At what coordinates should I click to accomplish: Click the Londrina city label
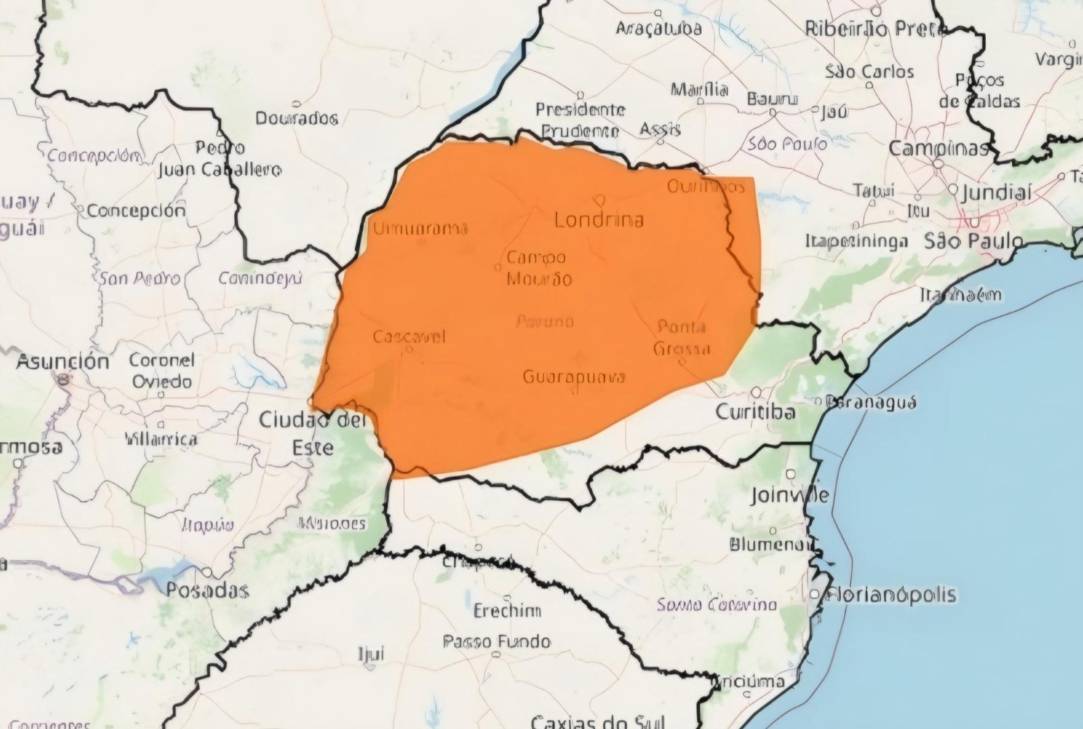pyautogui.click(x=599, y=220)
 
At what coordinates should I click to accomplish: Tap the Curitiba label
pyautogui.click(x=755, y=412)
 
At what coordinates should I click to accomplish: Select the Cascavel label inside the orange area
pyautogui.click(x=409, y=337)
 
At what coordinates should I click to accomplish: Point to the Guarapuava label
pyautogui.click(x=574, y=377)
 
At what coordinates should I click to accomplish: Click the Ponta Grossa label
pyautogui.click(x=682, y=337)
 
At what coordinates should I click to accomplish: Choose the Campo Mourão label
pyautogui.click(x=538, y=268)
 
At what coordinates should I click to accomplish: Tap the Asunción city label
pyautogui.click(x=63, y=362)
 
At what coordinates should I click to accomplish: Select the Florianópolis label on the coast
pyautogui.click(x=891, y=595)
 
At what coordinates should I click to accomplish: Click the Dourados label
pyautogui.click(x=296, y=119)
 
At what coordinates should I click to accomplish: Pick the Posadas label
pyautogui.click(x=207, y=591)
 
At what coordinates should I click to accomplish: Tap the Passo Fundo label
pyautogui.click(x=497, y=641)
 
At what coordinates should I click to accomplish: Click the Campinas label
pyautogui.click(x=939, y=148)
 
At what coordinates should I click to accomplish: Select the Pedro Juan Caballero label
pyautogui.click(x=220, y=159)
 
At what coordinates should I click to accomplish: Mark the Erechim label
pyautogui.click(x=507, y=612)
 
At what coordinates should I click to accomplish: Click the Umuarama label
pyautogui.click(x=420, y=228)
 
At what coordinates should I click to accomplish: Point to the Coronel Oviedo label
pyautogui.click(x=161, y=371)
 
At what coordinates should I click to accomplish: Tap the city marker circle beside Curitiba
pyautogui.click(x=757, y=392)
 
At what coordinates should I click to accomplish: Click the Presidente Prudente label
pyautogui.click(x=580, y=120)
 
